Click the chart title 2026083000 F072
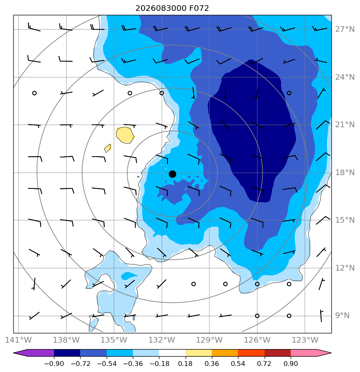point(172,8)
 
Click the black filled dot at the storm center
point(172,174)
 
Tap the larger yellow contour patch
point(125,135)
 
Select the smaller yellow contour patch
point(108,148)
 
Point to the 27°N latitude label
point(345,29)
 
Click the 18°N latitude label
point(345,172)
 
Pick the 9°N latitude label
point(342,316)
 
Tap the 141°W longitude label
point(18,340)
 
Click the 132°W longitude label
point(161,340)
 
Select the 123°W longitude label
point(305,340)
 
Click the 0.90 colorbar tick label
point(291,364)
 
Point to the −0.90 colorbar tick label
point(54,364)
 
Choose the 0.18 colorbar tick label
point(185,364)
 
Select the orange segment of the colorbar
point(225,353)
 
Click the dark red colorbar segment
point(278,353)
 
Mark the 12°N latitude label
point(345,268)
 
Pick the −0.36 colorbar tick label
point(133,364)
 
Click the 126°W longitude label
point(257,340)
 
